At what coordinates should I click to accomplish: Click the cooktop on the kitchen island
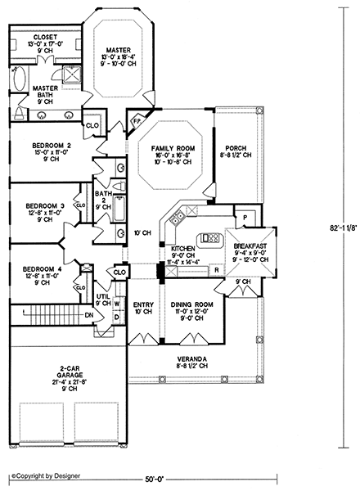[x=210, y=239]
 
